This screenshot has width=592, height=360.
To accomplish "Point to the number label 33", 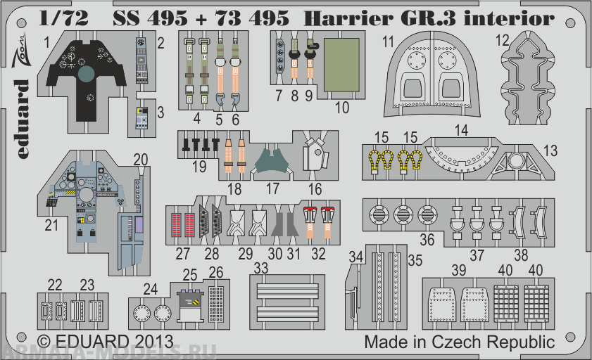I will [x=260, y=268].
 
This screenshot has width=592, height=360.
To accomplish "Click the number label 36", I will [x=428, y=240].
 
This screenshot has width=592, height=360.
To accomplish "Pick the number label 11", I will [x=388, y=42].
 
